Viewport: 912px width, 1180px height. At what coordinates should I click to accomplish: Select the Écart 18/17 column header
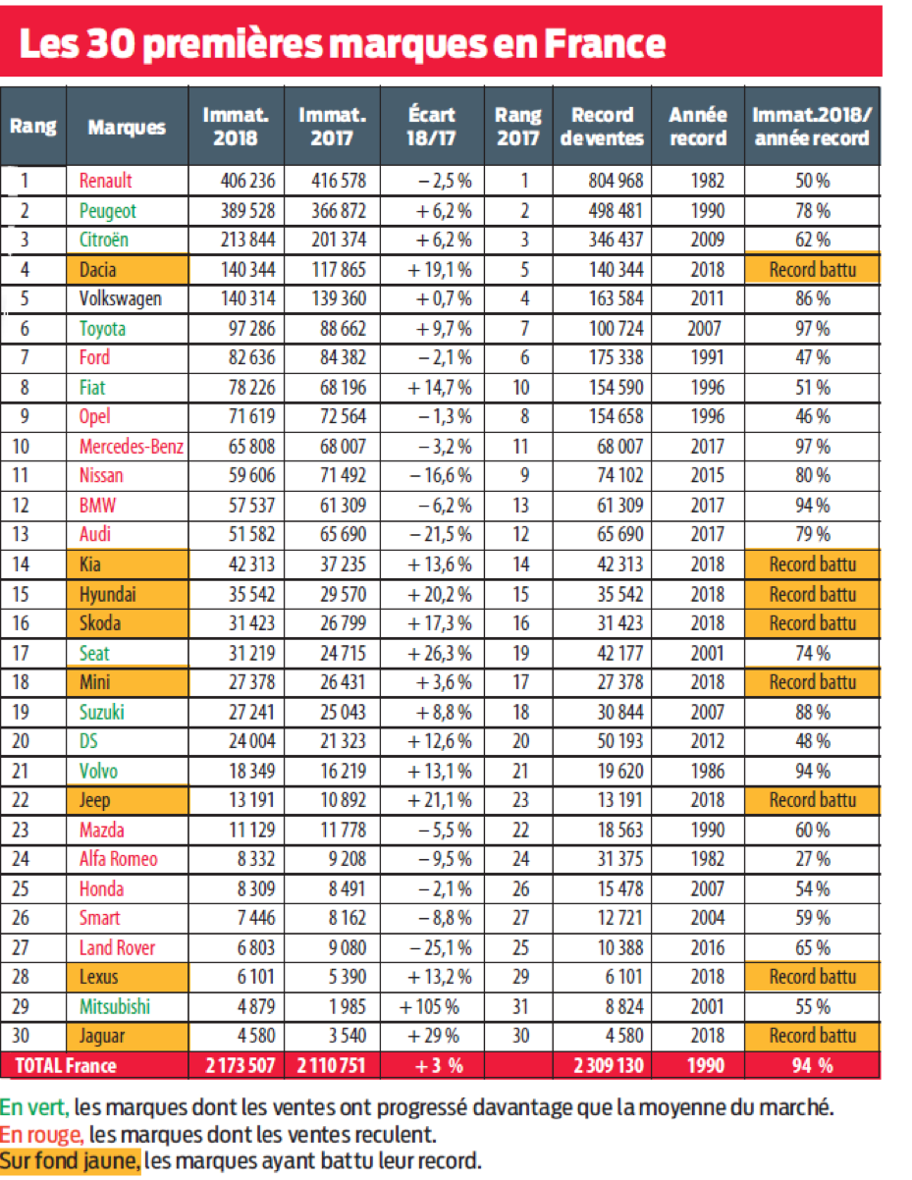[431, 127]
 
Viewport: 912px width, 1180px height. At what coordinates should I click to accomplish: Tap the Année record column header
[697, 127]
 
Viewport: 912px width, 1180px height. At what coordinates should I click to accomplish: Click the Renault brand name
[105, 181]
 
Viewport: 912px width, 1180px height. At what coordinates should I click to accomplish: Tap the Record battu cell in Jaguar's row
[812, 1036]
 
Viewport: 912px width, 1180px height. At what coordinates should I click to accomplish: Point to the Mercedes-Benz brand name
[132, 446]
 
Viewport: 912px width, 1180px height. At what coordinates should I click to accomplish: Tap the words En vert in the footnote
[34, 1108]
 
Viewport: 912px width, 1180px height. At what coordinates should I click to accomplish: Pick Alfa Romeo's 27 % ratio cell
[812, 859]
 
